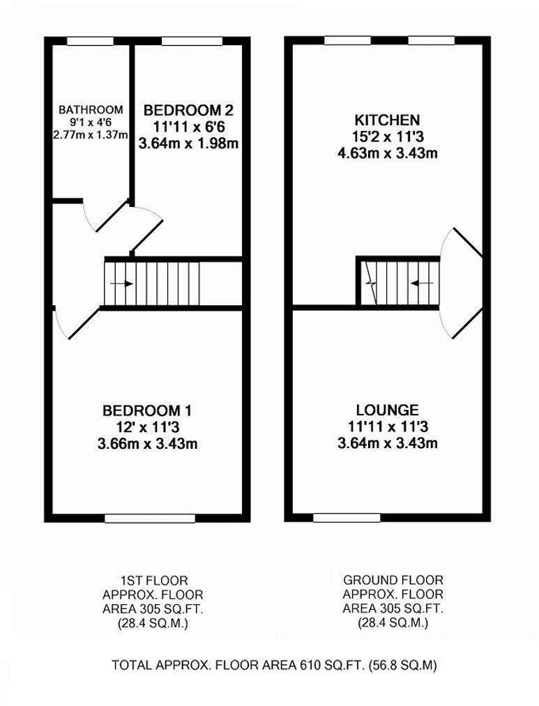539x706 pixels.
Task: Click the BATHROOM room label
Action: tap(91, 109)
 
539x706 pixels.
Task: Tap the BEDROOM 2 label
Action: tap(188, 109)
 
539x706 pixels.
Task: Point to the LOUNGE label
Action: tap(387, 410)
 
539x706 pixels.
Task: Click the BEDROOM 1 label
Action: tap(147, 410)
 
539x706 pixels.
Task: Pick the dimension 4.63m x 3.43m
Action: tap(387, 153)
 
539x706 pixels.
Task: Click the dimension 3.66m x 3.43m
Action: tap(147, 443)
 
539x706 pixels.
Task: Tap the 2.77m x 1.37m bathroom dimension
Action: tap(91, 135)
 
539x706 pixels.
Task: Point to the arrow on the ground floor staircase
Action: tap(420, 283)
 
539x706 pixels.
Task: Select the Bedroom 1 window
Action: tap(150, 518)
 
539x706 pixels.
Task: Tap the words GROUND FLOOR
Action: tap(393, 580)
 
